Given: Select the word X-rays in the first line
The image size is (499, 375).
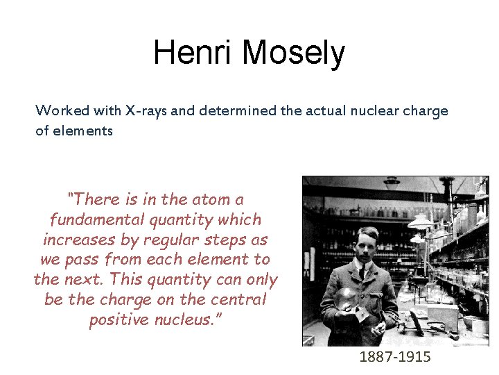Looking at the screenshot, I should point(149,110).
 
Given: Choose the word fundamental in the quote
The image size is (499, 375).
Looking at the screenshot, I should point(95,219).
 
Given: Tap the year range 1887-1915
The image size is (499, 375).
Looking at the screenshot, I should point(395,357).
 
